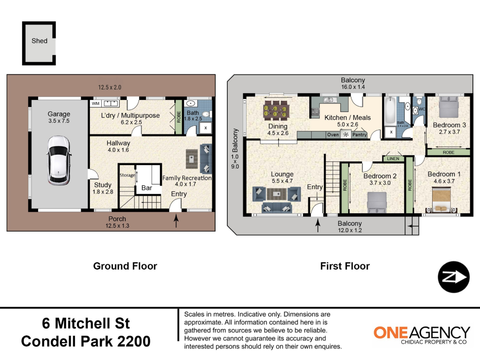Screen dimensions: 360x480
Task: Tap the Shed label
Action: [x=39, y=41]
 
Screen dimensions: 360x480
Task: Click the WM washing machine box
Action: [x=95, y=103]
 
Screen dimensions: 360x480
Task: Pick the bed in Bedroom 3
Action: [x=448, y=108]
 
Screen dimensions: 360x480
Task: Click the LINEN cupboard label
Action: [x=393, y=159]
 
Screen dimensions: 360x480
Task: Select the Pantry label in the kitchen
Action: [x=359, y=135]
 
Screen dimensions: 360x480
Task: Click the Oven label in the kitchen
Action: [x=333, y=135]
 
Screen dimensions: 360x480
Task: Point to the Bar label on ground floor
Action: [x=146, y=188]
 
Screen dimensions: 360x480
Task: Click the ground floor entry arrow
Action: [x=176, y=221]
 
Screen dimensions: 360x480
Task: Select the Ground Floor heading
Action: [x=125, y=266]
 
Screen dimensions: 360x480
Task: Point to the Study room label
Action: [x=103, y=185]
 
